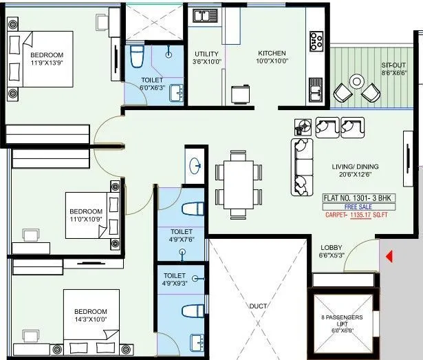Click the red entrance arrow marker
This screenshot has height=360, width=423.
(x=389, y=258)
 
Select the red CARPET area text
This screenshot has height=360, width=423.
(x=358, y=215)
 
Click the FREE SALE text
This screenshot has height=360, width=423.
(x=358, y=206)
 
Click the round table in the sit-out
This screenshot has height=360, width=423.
(x=356, y=82)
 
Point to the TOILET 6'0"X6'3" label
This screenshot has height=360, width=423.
(x=152, y=84)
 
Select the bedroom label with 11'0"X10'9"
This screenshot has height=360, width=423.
(x=85, y=215)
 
